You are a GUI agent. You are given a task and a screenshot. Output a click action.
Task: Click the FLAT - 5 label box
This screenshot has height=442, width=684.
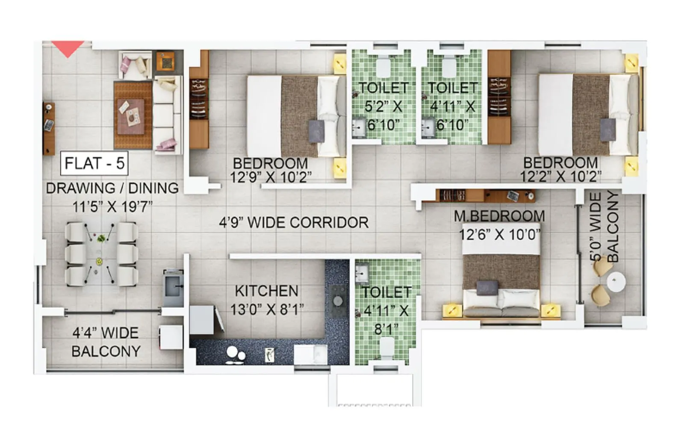94,163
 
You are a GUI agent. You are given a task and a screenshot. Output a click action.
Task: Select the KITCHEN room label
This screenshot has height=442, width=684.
266,291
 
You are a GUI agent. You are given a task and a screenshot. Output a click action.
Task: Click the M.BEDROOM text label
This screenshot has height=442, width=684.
499,216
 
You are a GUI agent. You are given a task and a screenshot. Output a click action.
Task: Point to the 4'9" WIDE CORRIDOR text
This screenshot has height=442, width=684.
294,223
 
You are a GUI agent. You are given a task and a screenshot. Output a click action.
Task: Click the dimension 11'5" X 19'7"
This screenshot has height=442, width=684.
112,207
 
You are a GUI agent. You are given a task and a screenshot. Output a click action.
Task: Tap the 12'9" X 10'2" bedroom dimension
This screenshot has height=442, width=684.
271,177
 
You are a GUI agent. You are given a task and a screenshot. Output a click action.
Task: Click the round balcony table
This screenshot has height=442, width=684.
616,282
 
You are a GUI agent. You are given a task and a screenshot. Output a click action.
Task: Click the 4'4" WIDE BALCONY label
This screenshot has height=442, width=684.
106,342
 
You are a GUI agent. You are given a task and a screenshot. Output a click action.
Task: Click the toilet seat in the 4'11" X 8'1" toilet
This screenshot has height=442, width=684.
387,347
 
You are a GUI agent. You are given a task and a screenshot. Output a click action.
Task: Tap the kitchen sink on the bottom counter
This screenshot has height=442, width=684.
311,354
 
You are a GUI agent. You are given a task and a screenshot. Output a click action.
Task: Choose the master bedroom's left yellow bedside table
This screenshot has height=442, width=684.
452,310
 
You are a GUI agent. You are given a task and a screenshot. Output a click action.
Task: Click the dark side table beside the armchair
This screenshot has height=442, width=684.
165,61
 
